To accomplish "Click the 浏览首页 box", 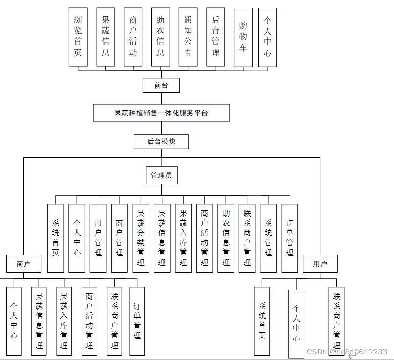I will click(x=78, y=37).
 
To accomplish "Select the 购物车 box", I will click(x=243, y=37).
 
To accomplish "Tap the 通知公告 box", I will click(x=188, y=37).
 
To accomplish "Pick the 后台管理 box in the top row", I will click(x=216, y=37).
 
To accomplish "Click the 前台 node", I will click(x=161, y=85).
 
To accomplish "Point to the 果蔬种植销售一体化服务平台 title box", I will click(x=161, y=113).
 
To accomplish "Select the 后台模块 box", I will click(x=161, y=142).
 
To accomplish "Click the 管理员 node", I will click(x=161, y=175).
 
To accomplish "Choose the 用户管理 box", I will click(x=98, y=238).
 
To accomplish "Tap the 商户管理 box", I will click(x=119, y=238).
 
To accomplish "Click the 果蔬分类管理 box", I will click(x=141, y=238).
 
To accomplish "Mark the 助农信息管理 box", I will click(x=226, y=238).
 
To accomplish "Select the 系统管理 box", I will click(x=268, y=238).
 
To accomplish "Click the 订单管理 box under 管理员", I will click(x=290, y=238).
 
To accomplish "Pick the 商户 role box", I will click(x=23, y=264).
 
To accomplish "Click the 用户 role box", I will click(x=320, y=264).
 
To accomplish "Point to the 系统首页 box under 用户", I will click(x=262, y=321).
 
